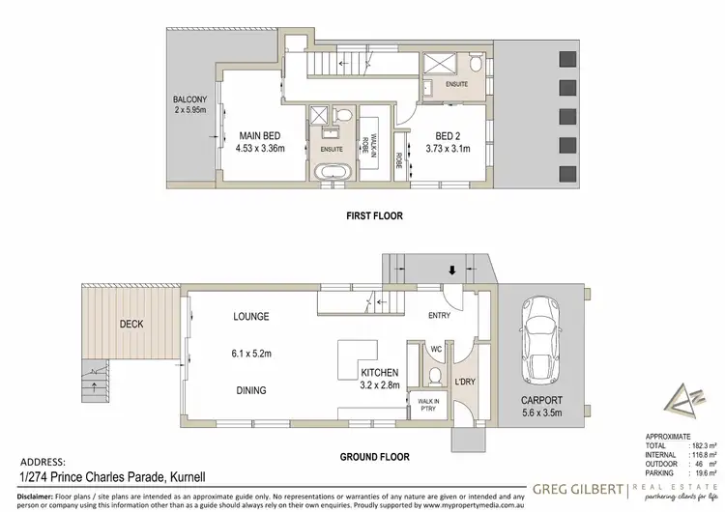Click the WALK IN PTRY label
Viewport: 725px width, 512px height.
pos(427,405)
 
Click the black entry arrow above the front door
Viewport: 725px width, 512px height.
pos(449,270)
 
